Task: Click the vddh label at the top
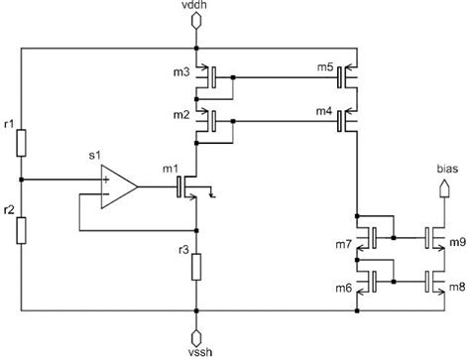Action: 198,8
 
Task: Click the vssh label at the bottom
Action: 198,351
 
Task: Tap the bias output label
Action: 447,169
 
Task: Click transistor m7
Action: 369,238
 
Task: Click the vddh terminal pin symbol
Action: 198,28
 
